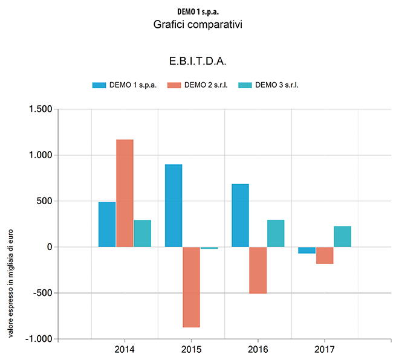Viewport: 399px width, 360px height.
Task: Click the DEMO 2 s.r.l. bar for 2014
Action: (125, 193)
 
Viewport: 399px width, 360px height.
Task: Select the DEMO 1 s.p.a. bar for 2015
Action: (174, 205)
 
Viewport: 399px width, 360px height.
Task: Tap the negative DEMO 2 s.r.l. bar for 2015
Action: (191, 287)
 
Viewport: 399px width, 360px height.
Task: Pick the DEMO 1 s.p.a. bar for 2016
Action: (240, 215)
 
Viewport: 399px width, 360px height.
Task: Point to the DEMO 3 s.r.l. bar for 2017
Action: (342, 236)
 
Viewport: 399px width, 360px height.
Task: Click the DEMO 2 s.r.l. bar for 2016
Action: (258, 270)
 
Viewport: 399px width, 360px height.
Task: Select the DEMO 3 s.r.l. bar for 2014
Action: (143, 233)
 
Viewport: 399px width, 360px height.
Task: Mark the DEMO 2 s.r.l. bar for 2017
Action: (325, 255)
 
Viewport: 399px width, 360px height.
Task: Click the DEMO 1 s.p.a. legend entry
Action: (125, 85)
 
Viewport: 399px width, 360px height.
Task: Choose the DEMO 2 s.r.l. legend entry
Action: (198, 85)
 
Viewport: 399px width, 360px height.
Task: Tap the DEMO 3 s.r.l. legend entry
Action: (269, 85)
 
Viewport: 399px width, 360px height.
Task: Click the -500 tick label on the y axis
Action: (42, 293)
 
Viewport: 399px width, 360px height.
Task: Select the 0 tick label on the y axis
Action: (49, 247)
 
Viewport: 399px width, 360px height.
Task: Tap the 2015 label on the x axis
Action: (191, 349)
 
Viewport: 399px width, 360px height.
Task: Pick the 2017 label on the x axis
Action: (325, 349)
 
